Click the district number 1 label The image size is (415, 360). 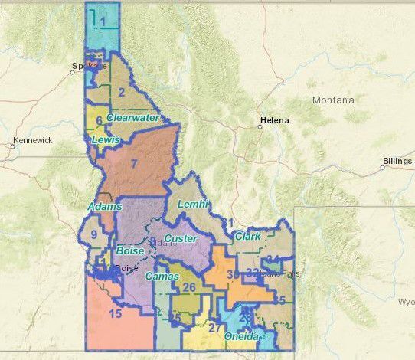click(x=102, y=22)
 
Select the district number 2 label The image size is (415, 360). click(x=122, y=93)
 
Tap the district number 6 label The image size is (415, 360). click(x=100, y=120)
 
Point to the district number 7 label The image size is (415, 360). click(x=133, y=163)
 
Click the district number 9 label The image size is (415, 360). click(x=94, y=235)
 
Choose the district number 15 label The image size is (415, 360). click(x=116, y=314)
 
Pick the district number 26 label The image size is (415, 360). click(x=188, y=288)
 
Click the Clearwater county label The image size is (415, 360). click(x=133, y=118)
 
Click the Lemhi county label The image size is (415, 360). click(x=192, y=205)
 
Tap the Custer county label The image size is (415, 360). click(x=180, y=239)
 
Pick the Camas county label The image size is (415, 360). click(x=162, y=276)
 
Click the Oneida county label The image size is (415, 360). click(x=244, y=335)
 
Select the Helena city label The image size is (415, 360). click(x=274, y=121)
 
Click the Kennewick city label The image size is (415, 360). click(x=32, y=141)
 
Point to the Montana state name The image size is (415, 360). click(x=333, y=100)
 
